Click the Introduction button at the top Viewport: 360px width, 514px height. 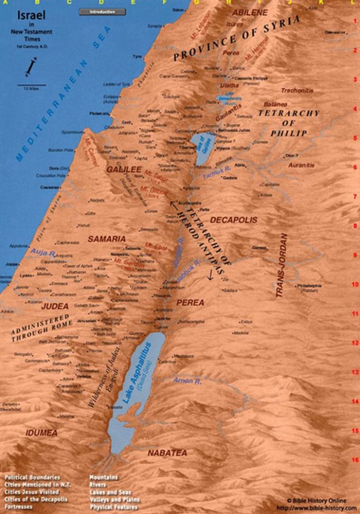coord(102,12)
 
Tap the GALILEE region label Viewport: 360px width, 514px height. coord(123,170)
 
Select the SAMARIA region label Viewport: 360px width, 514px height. coord(106,239)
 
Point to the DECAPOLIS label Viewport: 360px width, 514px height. coord(233,219)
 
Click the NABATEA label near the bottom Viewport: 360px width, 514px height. coord(167,453)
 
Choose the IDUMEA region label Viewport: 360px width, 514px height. coord(41,433)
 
